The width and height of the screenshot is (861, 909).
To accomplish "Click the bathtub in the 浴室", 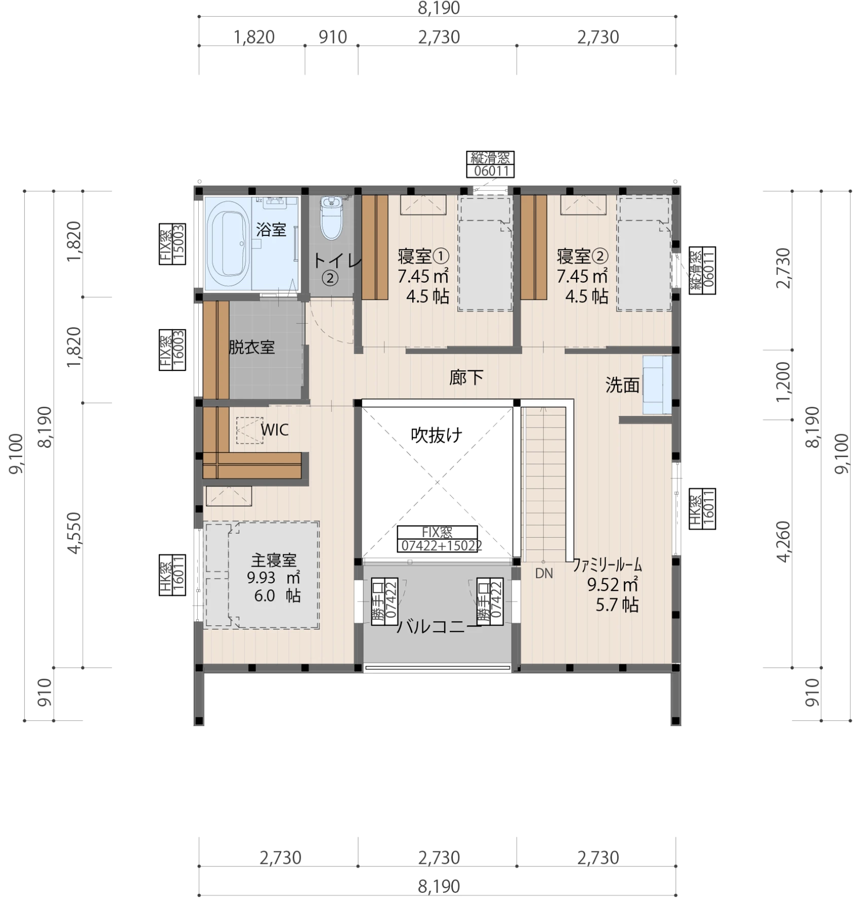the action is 229,244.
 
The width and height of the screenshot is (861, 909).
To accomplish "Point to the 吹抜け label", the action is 437,435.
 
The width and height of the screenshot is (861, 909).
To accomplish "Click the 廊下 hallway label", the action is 466,377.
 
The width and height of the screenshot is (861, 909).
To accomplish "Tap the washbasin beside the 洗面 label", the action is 657,385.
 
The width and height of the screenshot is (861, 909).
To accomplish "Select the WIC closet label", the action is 275,430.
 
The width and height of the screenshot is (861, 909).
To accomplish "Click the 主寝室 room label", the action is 274,560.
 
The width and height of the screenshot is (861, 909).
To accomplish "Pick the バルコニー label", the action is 439,627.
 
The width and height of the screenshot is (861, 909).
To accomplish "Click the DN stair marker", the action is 544,574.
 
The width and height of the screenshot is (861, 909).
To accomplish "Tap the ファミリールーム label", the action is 607,565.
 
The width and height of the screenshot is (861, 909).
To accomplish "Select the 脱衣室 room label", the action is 252,347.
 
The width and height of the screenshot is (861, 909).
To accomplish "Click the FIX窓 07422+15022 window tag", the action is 438,539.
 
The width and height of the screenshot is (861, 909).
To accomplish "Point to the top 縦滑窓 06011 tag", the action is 490,164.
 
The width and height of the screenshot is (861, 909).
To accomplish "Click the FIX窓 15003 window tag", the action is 172,244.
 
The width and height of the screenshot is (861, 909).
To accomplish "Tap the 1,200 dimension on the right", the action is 783,381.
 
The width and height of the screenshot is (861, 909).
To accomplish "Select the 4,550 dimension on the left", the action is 74,533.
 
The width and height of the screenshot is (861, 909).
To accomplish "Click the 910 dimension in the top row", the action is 333,38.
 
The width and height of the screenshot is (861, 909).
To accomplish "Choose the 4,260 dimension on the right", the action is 783,542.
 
